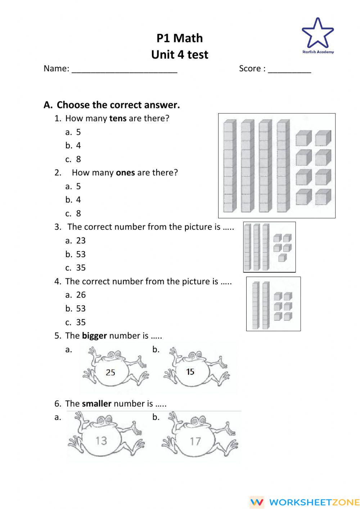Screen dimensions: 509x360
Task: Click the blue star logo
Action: tap(318, 34)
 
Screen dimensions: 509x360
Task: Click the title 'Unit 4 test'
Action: tap(180, 55)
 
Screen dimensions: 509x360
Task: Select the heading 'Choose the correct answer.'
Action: tap(118, 105)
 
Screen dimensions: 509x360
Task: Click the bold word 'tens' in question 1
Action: tap(118, 119)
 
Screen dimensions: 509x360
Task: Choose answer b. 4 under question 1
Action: tap(73, 146)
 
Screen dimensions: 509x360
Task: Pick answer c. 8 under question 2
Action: tap(73, 214)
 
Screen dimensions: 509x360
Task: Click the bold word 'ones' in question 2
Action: tap(125, 173)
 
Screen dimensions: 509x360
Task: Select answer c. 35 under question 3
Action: tap(76, 268)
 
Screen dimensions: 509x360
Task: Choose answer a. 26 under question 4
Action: tap(76, 295)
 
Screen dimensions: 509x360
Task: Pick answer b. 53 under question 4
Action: tap(76, 309)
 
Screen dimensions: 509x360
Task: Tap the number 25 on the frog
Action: tap(111, 372)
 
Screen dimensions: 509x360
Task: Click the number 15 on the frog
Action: tap(190, 372)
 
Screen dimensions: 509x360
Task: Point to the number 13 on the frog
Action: tap(101, 441)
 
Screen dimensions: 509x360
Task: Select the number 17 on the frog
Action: tap(195, 441)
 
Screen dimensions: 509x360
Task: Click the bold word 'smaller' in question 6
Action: tap(96, 404)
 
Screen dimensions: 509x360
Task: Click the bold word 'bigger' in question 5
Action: tap(94, 336)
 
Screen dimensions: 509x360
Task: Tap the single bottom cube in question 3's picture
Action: tap(282, 258)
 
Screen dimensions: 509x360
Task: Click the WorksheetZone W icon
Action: tap(257, 502)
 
